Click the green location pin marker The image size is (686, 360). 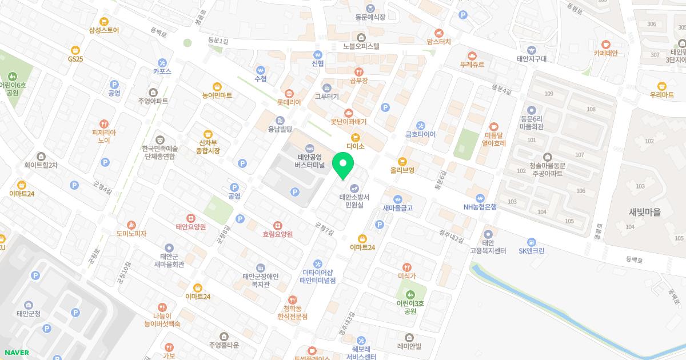[x=343, y=166]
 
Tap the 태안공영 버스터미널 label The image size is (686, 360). [x=310, y=161]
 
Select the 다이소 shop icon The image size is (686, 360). [x=356, y=137]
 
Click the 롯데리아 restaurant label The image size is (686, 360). [x=289, y=103]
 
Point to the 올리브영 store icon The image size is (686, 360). [x=402, y=161]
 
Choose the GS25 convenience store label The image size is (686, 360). [x=75, y=59]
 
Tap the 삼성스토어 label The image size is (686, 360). [x=104, y=30]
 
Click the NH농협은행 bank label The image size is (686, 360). [x=480, y=207]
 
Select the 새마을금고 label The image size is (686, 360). [x=397, y=208]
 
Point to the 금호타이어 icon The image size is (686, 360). [x=421, y=125]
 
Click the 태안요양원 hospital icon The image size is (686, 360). [x=190, y=218]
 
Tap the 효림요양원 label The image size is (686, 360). [x=277, y=234]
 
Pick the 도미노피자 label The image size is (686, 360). [x=131, y=234]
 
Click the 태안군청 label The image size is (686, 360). [x=29, y=314]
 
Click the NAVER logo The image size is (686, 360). [x=16, y=353]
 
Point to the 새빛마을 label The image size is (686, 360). [x=644, y=212]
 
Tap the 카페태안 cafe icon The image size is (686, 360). [x=606, y=44]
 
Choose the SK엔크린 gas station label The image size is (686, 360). [x=532, y=251]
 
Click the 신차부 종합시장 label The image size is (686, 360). [x=209, y=147]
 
